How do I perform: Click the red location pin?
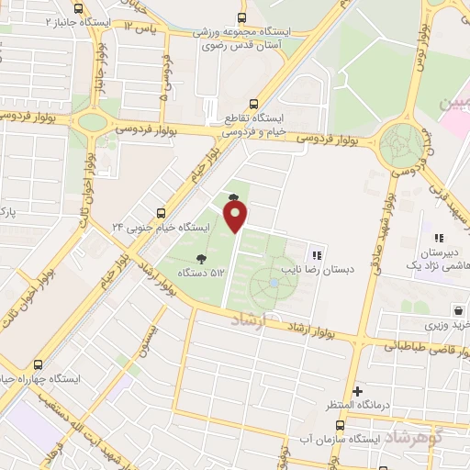coord(236,217)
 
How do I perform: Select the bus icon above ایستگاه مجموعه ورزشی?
coord(242,17)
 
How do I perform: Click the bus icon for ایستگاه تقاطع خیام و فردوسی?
coord(254,104)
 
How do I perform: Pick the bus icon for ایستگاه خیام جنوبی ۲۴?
coord(162,211)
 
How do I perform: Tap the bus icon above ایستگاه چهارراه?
coord(39,364)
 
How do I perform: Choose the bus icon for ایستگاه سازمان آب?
coord(341,426)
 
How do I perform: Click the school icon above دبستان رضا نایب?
coord(317,254)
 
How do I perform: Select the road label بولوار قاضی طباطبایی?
coord(423,345)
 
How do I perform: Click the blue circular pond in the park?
coord(274,283)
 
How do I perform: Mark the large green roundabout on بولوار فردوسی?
coord(400,144)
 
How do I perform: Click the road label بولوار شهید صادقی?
coord(383,230)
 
